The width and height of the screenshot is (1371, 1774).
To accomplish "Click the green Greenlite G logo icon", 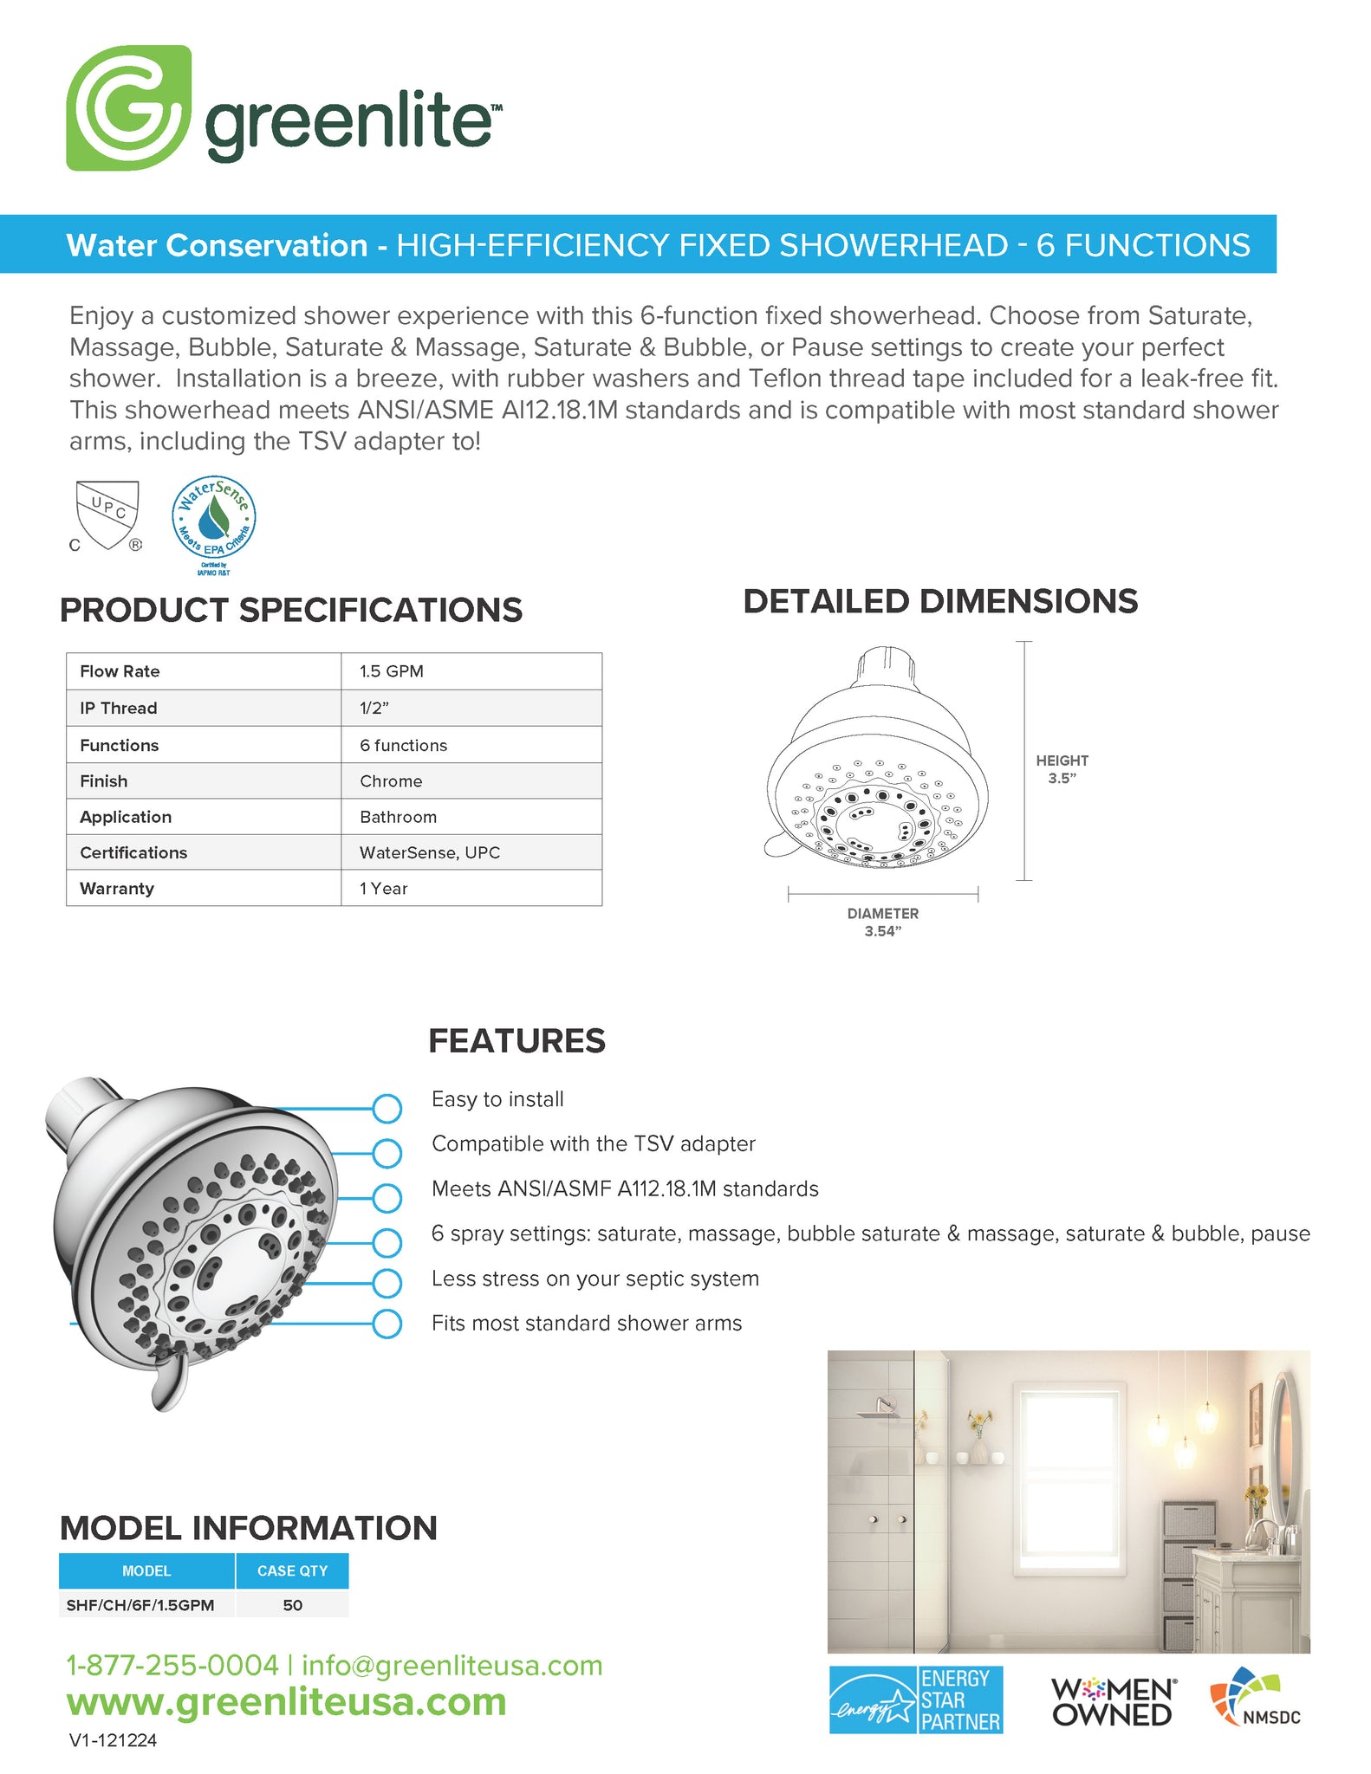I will click(128, 108).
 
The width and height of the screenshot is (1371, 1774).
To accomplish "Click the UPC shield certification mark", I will click(107, 515).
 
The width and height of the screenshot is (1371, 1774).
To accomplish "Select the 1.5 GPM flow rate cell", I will click(392, 671).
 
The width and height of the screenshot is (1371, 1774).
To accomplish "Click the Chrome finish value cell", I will click(391, 781).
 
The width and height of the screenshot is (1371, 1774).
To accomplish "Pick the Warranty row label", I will click(117, 889).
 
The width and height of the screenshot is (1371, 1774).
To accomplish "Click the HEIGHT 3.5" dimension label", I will click(1062, 769).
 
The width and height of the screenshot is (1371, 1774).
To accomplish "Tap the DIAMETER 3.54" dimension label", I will click(882, 923).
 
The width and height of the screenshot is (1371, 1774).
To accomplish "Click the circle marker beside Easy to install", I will click(387, 1108).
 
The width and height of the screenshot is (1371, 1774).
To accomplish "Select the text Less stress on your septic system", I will click(595, 1279).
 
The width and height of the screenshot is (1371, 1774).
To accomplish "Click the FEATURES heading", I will click(517, 1041).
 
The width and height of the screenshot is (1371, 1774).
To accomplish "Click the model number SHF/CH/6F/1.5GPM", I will click(140, 1605).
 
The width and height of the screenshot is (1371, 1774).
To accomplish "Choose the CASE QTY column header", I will click(292, 1570).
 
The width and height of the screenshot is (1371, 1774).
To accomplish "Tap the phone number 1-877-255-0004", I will click(172, 1666).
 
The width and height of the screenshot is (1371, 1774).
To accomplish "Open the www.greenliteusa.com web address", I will click(286, 1702).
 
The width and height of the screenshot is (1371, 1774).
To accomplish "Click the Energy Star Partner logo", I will click(915, 1700).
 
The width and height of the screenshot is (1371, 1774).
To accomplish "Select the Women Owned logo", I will click(1112, 1701).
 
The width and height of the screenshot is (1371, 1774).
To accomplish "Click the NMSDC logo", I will click(1256, 1698).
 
